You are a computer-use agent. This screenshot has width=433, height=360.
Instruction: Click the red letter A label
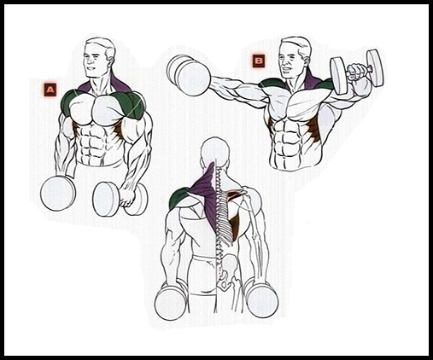tap(50, 90)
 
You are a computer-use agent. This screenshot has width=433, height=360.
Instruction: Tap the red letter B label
tap(259, 61)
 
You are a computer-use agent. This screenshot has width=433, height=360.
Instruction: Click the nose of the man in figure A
tap(89, 61)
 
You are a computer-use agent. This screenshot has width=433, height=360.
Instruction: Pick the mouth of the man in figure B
tap(286, 71)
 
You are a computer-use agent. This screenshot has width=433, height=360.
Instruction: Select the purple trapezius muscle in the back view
tap(207, 195)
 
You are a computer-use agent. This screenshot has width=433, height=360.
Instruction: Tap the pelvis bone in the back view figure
tap(228, 275)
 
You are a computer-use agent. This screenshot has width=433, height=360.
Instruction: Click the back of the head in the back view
tap(214, 152)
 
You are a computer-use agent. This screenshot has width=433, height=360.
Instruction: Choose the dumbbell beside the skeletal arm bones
tap(261, 297)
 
